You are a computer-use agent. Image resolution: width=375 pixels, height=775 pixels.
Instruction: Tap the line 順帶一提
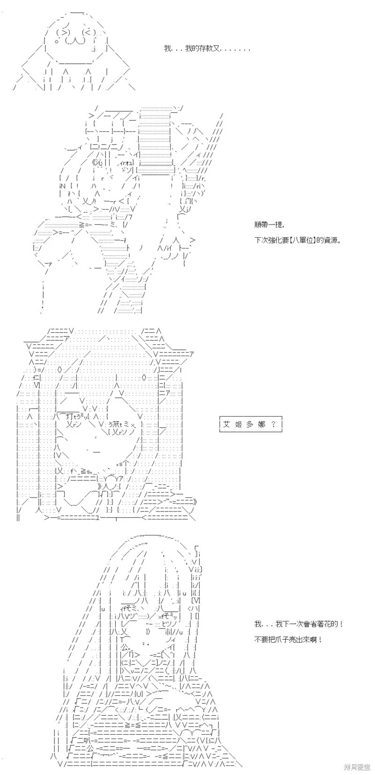269,225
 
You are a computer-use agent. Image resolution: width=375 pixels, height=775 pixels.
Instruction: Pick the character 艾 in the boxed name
227,424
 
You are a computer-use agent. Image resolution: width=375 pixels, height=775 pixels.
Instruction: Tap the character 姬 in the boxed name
238,424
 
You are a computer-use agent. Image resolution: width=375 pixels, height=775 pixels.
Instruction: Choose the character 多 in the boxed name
249,424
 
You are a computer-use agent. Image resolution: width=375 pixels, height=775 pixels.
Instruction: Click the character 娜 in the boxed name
261,424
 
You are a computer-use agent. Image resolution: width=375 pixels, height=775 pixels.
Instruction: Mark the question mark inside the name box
273,424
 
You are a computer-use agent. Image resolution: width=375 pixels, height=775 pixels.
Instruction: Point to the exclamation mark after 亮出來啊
320,639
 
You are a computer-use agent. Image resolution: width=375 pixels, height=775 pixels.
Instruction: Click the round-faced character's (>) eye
65,32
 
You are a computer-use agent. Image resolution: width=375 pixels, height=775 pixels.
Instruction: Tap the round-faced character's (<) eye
87,32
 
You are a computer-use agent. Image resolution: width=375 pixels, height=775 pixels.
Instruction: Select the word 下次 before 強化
261,240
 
